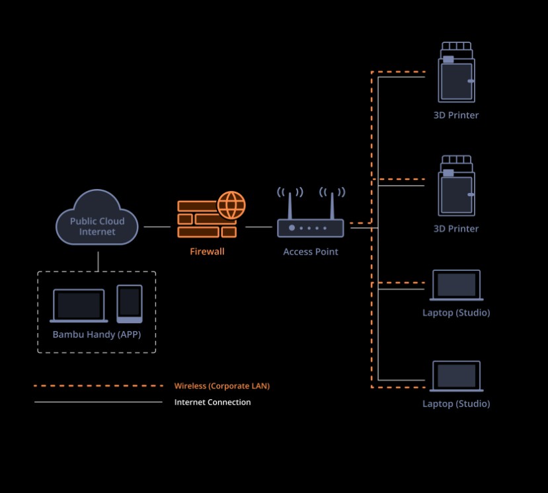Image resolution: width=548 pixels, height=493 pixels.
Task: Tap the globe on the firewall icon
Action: click(231, 205)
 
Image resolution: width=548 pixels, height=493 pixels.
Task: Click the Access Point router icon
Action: click(310, 227)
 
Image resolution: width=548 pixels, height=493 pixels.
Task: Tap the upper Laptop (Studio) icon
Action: click(456, 285)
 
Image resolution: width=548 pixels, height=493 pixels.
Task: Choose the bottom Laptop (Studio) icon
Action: click(456, 376)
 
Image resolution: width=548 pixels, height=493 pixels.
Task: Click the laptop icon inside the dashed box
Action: click(79, 306)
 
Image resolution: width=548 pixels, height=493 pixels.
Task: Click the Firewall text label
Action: click(207, 251)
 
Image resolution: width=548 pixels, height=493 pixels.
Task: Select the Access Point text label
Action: click(311, 251)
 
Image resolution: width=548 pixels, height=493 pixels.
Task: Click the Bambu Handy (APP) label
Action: click(97, 334)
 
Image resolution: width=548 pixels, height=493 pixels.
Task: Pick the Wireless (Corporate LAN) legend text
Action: click(221, 386)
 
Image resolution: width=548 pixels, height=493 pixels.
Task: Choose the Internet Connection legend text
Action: click(212, 402)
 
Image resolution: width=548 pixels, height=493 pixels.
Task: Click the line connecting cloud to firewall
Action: click(157, 227)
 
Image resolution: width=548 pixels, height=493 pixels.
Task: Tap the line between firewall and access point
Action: click(258, 227)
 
